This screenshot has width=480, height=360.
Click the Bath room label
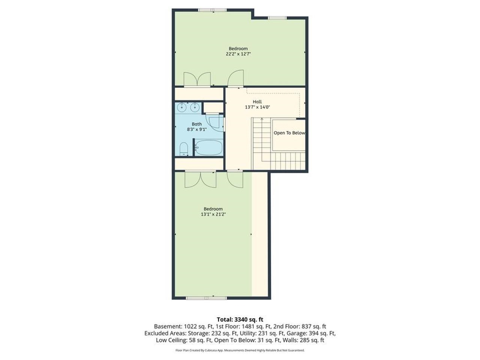(x=197, y=124)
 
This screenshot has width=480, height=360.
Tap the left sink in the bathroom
(x=182, y=107)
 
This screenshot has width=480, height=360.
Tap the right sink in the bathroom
(x=194, y=107)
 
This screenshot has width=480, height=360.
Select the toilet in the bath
(x=184, y=149)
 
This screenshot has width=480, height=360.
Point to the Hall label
(x=257, y=102)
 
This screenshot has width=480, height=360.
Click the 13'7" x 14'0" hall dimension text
(x=257, y=107)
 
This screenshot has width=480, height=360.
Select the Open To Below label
(x=289, y=133)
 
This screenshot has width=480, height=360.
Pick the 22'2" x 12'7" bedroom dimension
(x=238, y=54)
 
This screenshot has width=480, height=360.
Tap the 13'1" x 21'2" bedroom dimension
(x=213, y=214)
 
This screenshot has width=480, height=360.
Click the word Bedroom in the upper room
(x=238, y=49)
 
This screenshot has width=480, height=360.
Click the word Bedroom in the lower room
(x=213, y=209)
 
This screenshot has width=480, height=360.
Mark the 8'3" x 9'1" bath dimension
(x=197, y=129)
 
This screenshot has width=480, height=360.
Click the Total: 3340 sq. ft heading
(x=240, y=319)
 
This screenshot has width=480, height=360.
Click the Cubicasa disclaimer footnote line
(x=240, y=350)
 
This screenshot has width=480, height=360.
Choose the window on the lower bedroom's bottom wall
(x=207, y=298)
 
